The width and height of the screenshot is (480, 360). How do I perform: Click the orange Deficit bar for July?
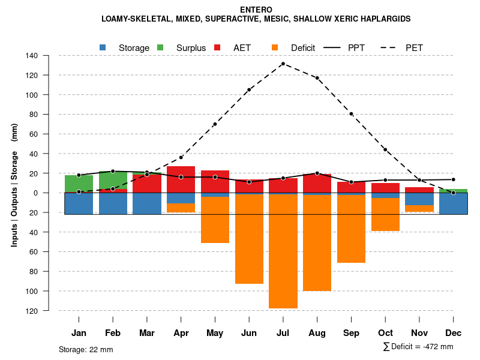(x=283, y=252)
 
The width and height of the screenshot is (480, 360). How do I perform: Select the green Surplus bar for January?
(x=79, y=184)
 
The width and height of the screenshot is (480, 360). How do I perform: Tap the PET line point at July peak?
(x=283, y=64)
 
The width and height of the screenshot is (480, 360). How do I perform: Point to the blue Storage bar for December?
(x=453, y=203)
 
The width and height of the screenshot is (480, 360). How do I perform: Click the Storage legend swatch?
(x=103, y=47)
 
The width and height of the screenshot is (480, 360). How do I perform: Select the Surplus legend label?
(x=191, y=48)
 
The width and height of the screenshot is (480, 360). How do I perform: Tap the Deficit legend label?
(x=303, y=48)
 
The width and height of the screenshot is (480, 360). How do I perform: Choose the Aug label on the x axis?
(x=317, y=333)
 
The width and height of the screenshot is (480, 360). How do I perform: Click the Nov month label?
(x=419, y=333)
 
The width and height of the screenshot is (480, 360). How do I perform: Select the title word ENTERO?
(x=256, y=10)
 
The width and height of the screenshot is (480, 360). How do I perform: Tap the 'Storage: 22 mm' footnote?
(x=86, y=349)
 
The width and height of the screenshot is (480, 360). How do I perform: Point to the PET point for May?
(x=215, y=124)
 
